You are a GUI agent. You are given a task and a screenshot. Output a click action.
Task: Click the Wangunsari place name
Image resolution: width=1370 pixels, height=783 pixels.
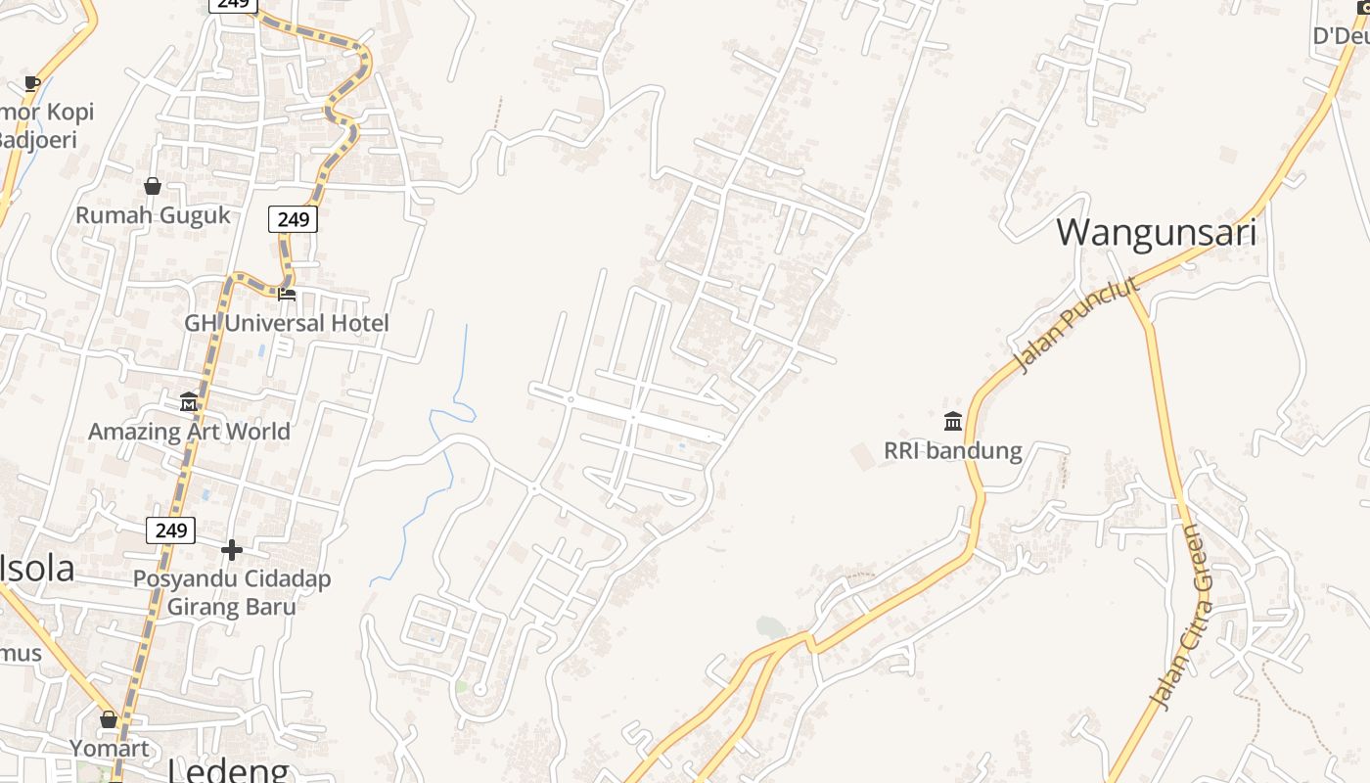coord(1156,233)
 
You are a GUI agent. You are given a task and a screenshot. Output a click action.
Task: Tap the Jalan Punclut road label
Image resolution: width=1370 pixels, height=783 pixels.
coord(1076,324)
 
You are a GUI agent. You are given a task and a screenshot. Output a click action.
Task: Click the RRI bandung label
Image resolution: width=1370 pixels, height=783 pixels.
coord(952,451)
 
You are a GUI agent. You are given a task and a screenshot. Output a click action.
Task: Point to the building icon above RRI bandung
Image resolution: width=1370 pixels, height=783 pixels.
coord(953,421)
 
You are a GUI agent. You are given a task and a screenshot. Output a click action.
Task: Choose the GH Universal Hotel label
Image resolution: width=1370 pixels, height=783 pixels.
coord(287,323)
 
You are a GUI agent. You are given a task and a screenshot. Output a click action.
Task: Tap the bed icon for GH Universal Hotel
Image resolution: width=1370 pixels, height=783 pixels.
coord(287,293)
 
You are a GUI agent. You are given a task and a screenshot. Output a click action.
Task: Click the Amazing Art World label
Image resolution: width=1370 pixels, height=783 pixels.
coord(189,432)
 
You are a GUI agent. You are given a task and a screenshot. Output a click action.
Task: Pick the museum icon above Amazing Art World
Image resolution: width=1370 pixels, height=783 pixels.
coord(189,401)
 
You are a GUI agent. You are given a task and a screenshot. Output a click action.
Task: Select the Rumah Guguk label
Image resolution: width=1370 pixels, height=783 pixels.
coord(153,215)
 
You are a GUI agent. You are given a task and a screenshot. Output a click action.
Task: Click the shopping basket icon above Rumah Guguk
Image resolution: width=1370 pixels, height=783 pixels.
coord(153,185)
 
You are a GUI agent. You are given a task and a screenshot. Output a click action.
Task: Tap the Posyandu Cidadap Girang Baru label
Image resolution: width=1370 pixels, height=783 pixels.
coord(232,592)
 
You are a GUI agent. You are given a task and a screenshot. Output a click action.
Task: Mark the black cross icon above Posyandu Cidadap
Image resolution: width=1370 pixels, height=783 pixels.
coord(232,549)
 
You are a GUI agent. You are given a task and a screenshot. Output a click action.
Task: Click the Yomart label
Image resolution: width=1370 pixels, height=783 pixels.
coord(109,749)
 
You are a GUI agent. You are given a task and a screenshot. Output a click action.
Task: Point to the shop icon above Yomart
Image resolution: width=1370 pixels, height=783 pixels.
coord(109,719)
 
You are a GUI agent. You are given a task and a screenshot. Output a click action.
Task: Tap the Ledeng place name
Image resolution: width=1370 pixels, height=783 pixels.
coord(229,769)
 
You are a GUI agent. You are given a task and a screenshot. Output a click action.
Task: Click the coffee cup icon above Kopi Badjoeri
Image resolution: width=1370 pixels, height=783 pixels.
coord(32,83)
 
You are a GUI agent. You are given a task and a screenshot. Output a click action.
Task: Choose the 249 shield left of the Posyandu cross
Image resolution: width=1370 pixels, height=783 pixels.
coord(170,530)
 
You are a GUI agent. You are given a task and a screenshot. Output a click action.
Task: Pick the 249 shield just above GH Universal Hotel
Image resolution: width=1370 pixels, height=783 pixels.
coord(293,219)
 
